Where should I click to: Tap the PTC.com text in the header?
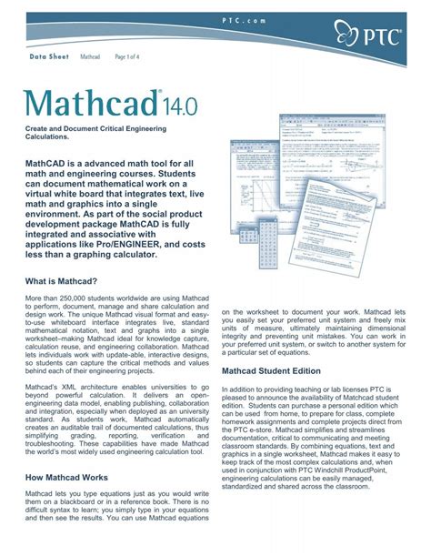(x=215, y=19)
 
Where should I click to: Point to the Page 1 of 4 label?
(x=127, y=56)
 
